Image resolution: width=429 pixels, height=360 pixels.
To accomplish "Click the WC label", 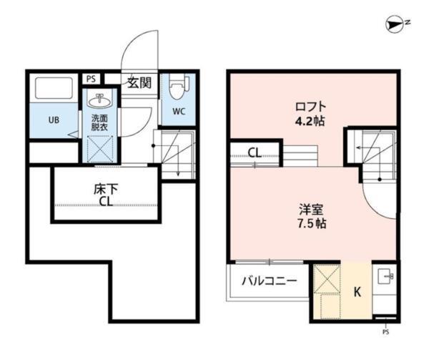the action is click(179, 112).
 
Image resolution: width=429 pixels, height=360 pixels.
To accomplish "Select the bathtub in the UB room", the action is click(54, 88).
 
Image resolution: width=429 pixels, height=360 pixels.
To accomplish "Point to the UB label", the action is click(54, 120).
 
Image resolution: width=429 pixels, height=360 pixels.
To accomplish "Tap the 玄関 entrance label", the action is click(139, 83).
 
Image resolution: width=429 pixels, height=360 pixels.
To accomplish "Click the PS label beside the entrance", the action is click(91, 79).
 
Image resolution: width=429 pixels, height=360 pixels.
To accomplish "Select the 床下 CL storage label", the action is click(106, 195).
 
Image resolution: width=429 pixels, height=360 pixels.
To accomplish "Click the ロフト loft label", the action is click(310, 107).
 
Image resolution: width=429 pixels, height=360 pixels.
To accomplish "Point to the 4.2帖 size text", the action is click(310, 121).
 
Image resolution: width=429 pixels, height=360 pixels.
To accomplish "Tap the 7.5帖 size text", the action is click(312, 224).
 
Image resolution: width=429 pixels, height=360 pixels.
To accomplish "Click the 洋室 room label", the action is click(311, 210).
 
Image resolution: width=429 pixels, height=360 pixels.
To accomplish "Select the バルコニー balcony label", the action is click(270, 281).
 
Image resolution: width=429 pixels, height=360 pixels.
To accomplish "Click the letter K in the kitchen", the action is click(357, 292).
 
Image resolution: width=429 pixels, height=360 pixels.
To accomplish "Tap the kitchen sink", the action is click(385, 276).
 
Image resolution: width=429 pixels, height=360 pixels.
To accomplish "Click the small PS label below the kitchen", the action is click(386, 332).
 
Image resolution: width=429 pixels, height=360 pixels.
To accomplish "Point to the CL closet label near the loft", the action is click(255, 152).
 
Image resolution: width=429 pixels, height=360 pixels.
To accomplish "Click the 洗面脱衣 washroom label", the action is click(99, 123).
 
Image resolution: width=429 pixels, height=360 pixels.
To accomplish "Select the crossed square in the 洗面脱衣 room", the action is click(100, 149).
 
